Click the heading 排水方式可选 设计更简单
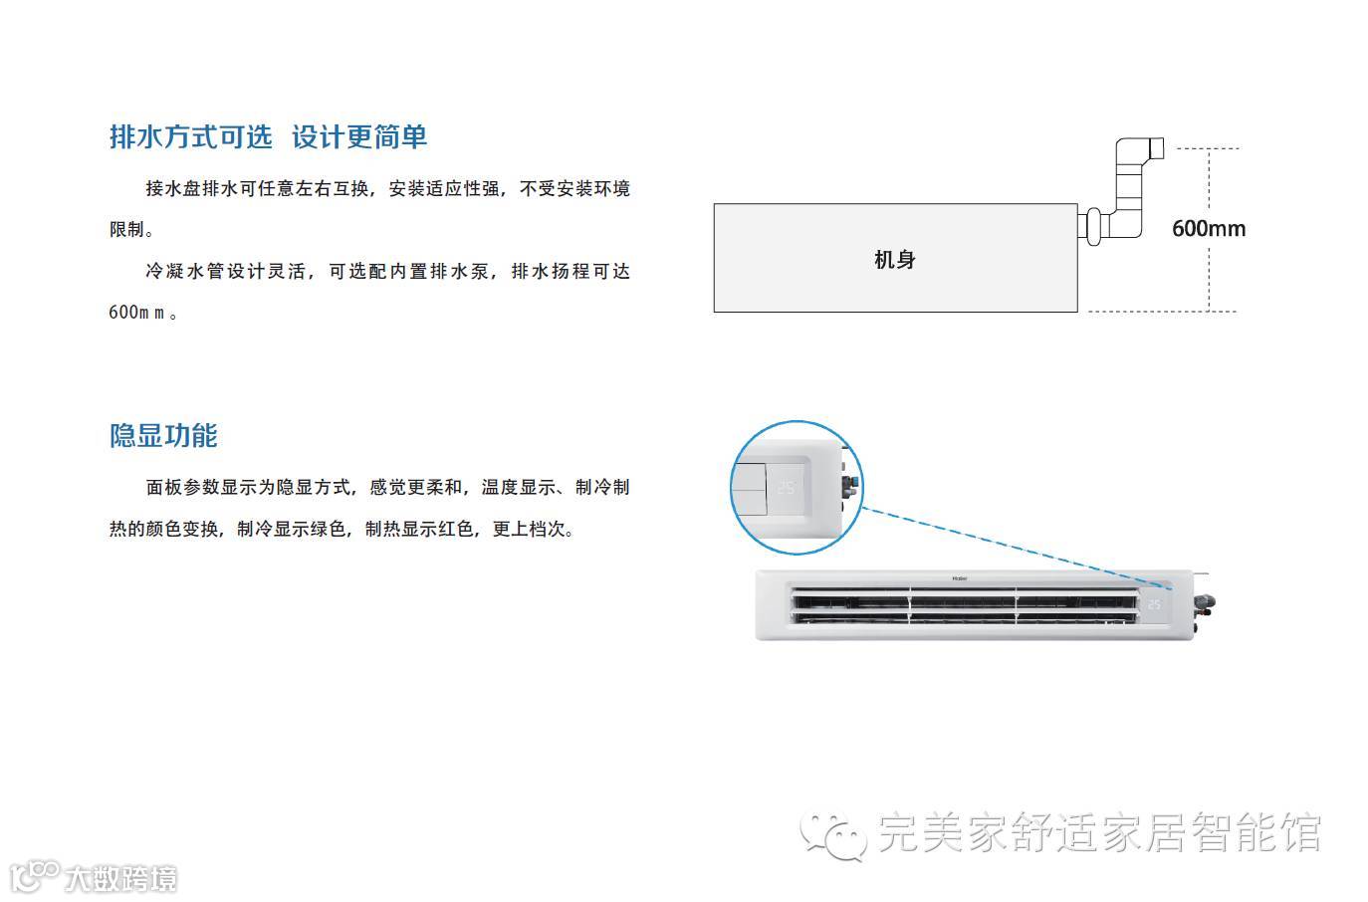point(268,137)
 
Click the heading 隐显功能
point(163,436)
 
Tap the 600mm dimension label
point(1208,229)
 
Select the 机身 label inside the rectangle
point(894,260)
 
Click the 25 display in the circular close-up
point(787,488)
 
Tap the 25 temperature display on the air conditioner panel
point(1154,603)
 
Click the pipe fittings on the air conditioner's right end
point(1207,602)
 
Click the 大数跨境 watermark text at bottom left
point(121,879)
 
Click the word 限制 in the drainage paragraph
point(127,230)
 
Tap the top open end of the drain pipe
point(1156,148)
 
